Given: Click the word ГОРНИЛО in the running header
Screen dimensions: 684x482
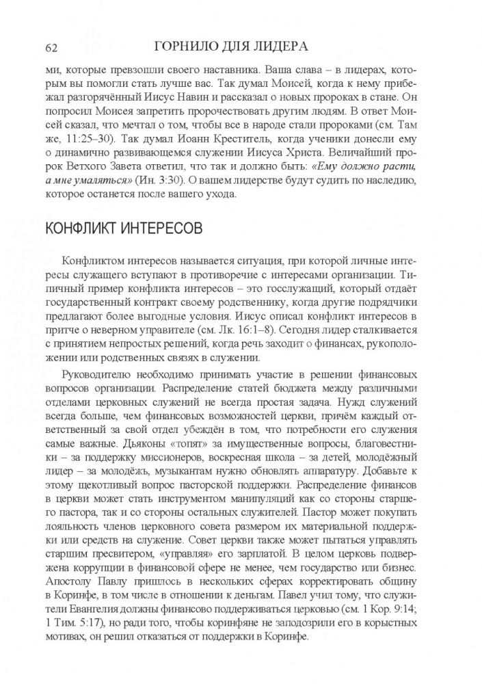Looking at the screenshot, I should point(187,46).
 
